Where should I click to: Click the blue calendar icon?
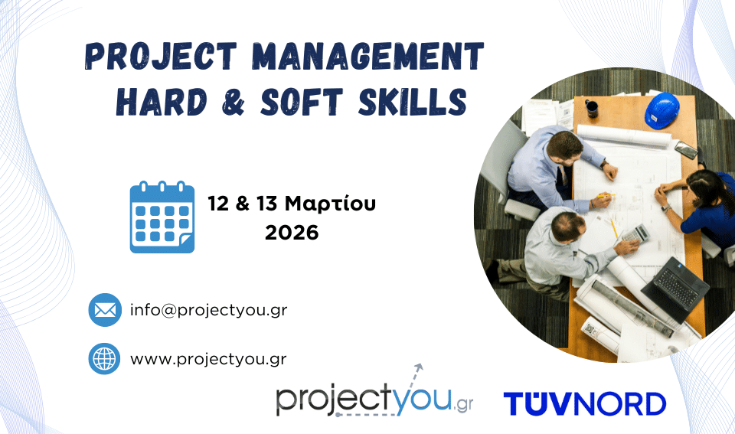click(x=162, y=217)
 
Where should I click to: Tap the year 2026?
click(x=292, y=233)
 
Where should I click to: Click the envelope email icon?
click(x=104, y=310)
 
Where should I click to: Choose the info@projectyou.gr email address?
click(x=208, y=310)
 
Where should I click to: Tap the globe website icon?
click(x=104, y=358)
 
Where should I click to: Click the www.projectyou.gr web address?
click(x=208, y=358)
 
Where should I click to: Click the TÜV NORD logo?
click(x=584, y=403)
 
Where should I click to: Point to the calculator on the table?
click(x=633, y=233)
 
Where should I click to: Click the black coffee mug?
click(x=592, y=108)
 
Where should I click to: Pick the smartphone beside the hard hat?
click(x=686, y=150)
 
